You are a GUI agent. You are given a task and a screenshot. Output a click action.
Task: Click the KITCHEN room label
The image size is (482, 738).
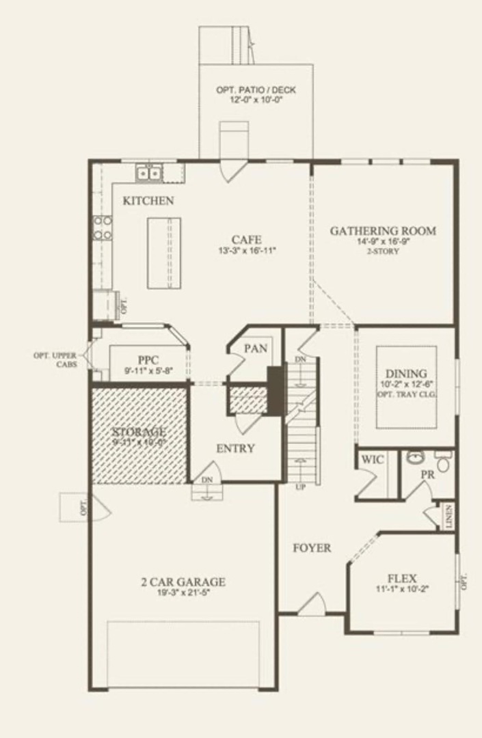tap(148, 201)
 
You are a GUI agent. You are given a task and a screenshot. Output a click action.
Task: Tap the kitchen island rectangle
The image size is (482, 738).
tap(165, 244)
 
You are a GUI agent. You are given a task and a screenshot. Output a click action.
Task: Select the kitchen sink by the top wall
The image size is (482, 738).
tap(148, 174)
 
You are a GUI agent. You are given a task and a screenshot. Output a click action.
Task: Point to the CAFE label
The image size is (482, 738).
tap(246, 240)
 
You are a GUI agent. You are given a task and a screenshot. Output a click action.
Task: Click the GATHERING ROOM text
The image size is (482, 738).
tap(383, 231)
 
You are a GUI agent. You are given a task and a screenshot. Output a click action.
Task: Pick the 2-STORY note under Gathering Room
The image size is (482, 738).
tap(383, 251)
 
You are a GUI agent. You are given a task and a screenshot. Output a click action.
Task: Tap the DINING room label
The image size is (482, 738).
tap(406, 374)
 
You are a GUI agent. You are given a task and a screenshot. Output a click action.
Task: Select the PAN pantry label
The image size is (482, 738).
tap(256, 348)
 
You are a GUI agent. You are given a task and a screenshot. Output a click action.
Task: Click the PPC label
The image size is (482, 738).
tap(148, 360)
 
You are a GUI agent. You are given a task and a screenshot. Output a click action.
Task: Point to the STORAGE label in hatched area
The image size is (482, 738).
tap(139, 432)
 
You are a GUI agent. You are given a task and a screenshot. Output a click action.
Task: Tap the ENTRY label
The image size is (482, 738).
tap(235, 449)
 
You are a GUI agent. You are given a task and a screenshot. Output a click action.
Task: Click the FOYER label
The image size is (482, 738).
tap(312, 547)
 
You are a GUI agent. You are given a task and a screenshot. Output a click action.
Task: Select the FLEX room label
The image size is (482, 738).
tap(402, 577)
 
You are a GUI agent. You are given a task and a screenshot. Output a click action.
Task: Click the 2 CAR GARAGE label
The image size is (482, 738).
tap(183, 582)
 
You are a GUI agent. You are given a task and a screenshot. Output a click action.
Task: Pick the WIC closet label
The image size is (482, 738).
tap(373, 460)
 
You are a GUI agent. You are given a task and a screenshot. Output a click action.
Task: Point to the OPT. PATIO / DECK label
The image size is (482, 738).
tap(256, 90)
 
